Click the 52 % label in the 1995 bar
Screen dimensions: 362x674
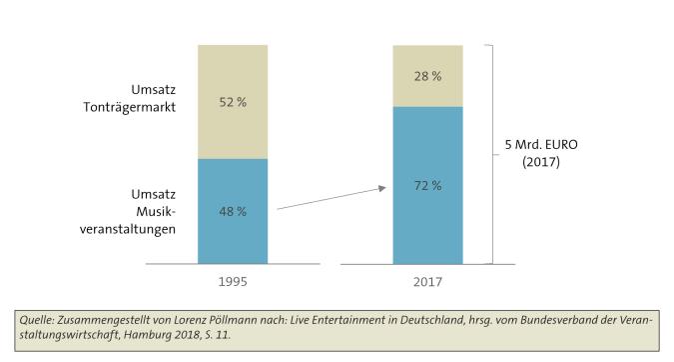click(x=233, y=102)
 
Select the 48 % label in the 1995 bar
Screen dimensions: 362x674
click(x=233, y=211)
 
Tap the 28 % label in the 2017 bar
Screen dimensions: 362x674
click(x=428, y=76)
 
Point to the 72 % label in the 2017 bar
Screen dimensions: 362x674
click(x=428, y=185)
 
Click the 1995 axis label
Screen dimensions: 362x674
click(x=233, y=283)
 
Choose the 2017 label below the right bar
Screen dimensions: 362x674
click(x=428, y=283)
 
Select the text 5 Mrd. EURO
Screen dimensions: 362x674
click(x=540, y=143)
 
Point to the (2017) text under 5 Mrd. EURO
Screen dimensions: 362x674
click(x=540, y=161)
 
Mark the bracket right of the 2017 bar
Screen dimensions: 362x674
click(x=490, y=155)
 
